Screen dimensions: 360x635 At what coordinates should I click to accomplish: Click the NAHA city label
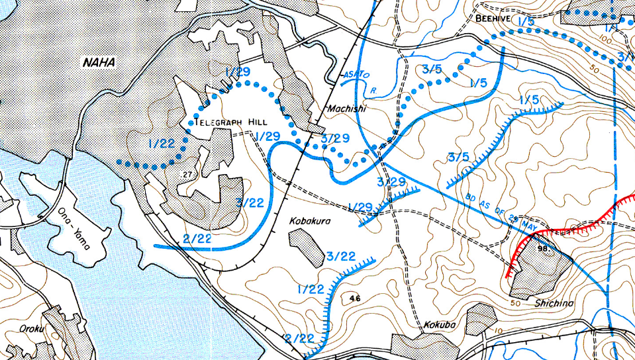tap(99, 63)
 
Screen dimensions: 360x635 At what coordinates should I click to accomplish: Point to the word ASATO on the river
tap(355, 76)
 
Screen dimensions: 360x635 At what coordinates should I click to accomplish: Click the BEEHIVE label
tap(493, 19)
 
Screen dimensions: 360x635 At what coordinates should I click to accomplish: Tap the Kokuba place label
tap(438, 326)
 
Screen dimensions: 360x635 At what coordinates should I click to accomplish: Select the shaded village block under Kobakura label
tap(307, 246)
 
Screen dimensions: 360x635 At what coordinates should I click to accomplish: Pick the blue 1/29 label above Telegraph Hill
tap(238, 71)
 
